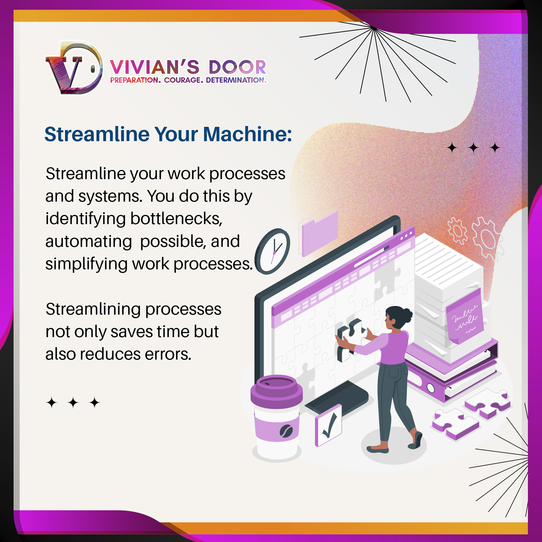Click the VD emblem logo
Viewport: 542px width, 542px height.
pos(74,67)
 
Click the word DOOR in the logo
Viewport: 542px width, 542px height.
pos(237,67)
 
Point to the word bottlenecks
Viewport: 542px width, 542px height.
pos(176,218)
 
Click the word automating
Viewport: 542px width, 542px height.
pos(89,241)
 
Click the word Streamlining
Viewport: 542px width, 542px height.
pos(93,309)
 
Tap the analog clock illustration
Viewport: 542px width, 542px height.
pos(272,251)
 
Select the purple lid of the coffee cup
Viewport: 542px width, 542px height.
pos(277,392)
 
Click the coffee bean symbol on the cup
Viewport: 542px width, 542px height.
pos(286,431)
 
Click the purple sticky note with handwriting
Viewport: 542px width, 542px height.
pos(465,317)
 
